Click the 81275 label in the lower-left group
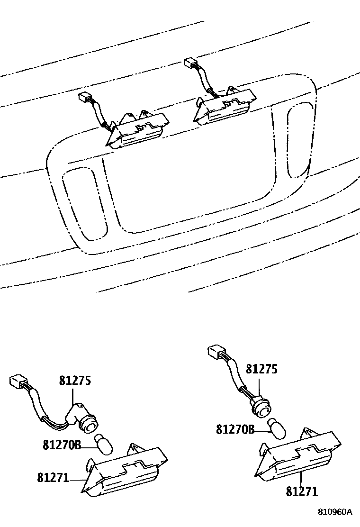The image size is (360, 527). click(75, 381)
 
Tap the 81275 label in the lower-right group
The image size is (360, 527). click(261, 370)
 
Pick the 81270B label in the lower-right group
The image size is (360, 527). click(235, 430)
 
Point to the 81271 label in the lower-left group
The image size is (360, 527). click(53, 478)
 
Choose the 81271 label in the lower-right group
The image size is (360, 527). click(301, 491)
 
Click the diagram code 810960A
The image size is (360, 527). click(335, 512)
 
